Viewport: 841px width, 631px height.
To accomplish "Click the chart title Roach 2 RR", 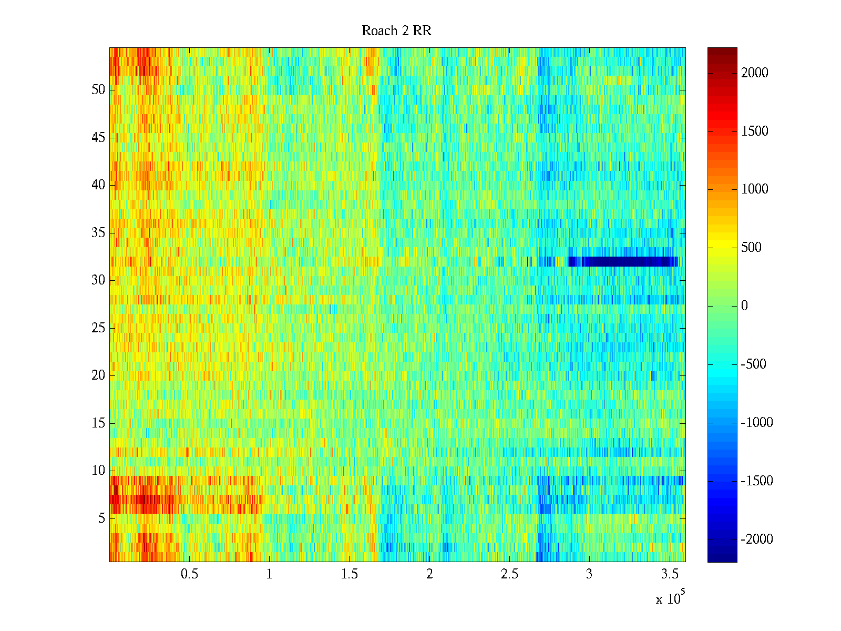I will [x=396, y=31].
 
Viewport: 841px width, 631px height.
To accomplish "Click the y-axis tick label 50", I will [x=98, y=90].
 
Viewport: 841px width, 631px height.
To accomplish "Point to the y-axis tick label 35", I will [x=98, y=233].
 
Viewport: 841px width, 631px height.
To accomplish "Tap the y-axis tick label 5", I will [x=101, y=518].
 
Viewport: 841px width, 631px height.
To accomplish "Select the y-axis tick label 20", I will [x=98, y=375].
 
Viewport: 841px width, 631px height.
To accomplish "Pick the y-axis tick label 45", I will [x=98, y=138].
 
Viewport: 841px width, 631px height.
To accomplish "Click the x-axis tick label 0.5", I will [x=189, y=574].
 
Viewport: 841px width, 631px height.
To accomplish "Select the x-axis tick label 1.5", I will [x=349, y=574].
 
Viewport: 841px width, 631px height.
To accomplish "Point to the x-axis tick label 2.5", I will [x=509, y=574].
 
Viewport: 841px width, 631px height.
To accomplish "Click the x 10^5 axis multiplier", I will [x=670, y=598].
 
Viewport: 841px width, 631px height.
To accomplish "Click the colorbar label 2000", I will [x=755, y=73].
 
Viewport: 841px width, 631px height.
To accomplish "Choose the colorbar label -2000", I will [x=757, y=540].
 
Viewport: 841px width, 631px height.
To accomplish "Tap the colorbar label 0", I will [x=744, y=306].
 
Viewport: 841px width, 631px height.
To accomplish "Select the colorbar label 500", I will [x=751, y=248].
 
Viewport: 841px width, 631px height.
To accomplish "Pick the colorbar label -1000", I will [x=757, y=423].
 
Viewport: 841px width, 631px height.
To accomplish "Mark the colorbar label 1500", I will [x=755, y=131].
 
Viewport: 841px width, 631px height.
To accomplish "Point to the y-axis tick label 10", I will [x=98, y=471].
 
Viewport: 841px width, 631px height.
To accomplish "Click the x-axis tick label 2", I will [x=429, y=574].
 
